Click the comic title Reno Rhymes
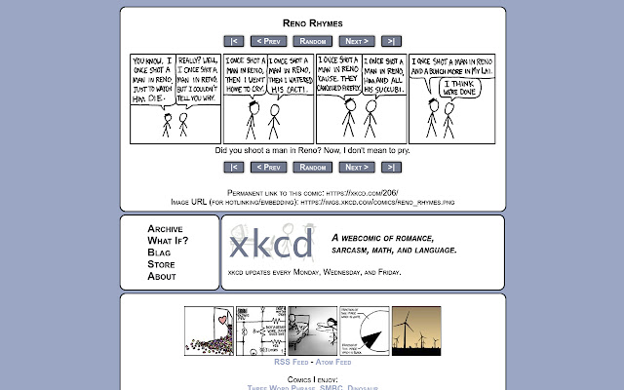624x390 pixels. [x=312, y=22]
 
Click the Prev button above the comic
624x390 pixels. [x=268, y=41]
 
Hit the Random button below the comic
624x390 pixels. [x=312, y=167]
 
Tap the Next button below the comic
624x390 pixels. [x=356, y=167]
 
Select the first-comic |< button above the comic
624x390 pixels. [x=233, y=41]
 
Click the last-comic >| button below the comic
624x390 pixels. [x=391, y=167]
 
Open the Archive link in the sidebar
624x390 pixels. [x=165, y=229]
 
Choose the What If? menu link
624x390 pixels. [x=168, y=241]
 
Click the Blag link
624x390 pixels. [x=159, y=253]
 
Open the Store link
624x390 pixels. [x=161, y=264]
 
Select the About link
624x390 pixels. [x=162, y=276]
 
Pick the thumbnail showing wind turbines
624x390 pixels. [x=416, y=331]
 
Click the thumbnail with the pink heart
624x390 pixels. [x=210, y=331]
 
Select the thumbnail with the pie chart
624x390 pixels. [x=364, y=331]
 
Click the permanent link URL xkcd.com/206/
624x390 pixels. [x=362, y=193]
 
